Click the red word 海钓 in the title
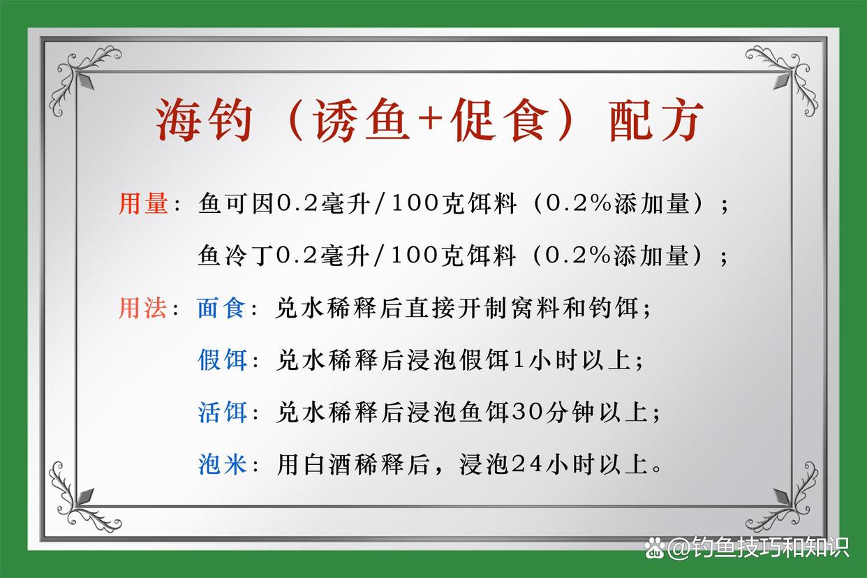(205, 119)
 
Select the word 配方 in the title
(656, 119)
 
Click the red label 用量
(143, 203)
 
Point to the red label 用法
(143, 308)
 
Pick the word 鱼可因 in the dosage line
(236, 203)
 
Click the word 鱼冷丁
(236, 255)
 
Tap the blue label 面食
(221, 308)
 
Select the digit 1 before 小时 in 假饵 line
(518, 360)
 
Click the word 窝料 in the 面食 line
(535, 308)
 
